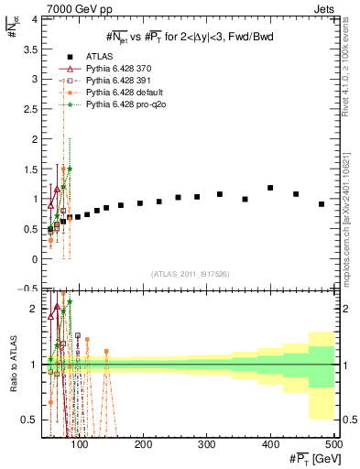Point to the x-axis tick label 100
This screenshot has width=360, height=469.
point(81,445)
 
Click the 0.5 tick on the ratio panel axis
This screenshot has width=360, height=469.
point(31,420)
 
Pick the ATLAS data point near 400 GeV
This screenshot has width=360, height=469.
point(270,188)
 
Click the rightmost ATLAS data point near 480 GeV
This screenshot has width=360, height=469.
point(322,204)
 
